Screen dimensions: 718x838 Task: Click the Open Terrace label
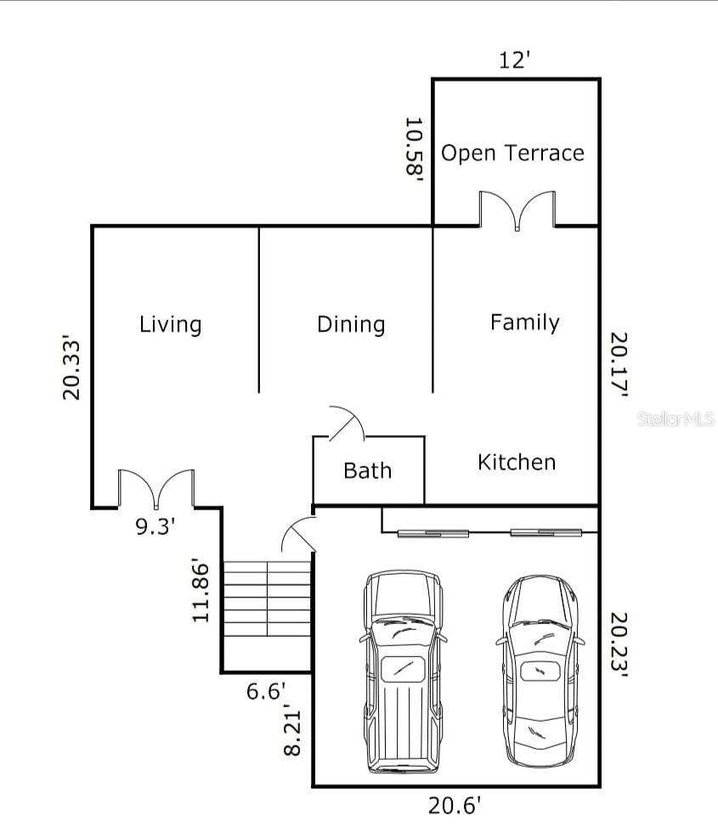tap(512, 154)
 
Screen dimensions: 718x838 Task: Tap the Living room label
tap(171, 325)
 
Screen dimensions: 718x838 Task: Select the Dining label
tap(351, 325)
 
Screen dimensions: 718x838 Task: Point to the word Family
tap(525, 323)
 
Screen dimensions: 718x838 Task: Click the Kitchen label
tap(517, 462)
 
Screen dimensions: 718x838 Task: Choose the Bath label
tap(368, 471)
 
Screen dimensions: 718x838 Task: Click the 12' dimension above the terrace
tap(515, 60)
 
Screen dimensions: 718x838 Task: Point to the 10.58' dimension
tap(414, 148)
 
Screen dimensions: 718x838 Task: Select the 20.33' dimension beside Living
tap(71, 368)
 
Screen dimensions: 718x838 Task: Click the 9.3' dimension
tap(155, 527)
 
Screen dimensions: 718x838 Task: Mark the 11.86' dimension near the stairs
tap(201, 591)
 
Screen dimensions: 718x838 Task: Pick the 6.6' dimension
tap(267, 692)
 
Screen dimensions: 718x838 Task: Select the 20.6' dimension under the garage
tap(455, 806)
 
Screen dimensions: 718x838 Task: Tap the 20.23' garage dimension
tap(619, 644)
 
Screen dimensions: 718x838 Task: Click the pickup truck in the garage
tap(404, 672)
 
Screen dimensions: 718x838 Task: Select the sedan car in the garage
tap(540, 672)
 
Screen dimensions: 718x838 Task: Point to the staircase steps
tap(267, 598)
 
